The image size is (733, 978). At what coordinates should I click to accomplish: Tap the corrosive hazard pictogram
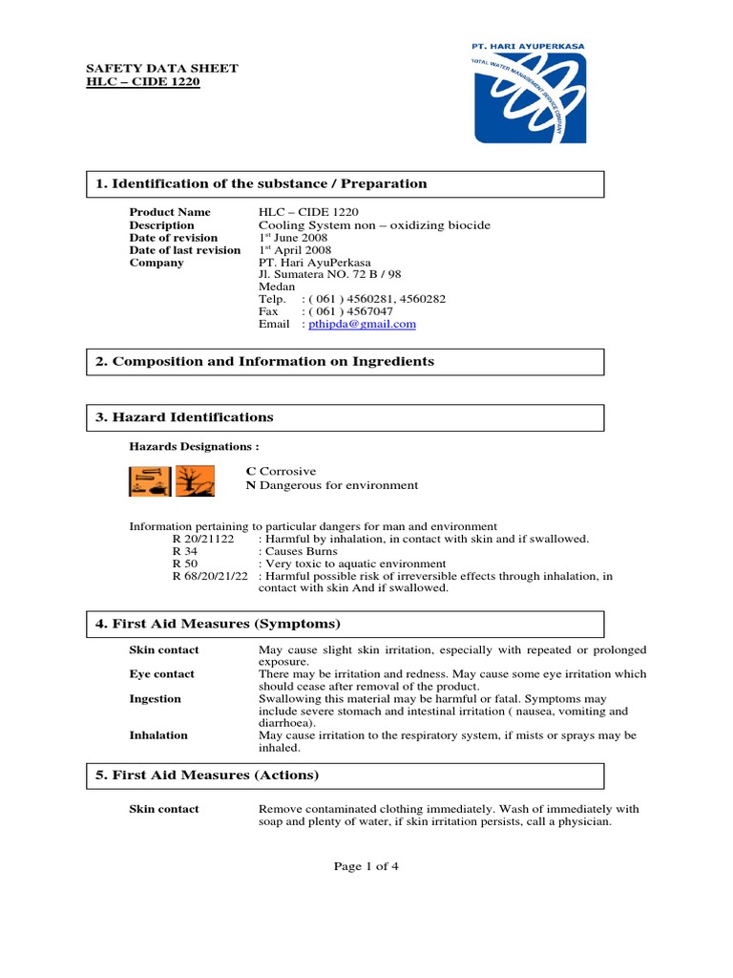tap(150, 481)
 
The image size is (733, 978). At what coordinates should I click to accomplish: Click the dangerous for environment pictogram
tap(195, 481)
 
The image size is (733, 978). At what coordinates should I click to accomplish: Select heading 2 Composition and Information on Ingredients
tap(273, 361)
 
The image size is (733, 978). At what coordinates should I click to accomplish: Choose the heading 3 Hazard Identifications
tap(193, 417)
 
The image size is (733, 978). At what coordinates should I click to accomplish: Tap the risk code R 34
tap(186, 552)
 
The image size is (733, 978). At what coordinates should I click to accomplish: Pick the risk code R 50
tap(186, 564)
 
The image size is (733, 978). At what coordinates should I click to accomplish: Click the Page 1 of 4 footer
tap(366, 866)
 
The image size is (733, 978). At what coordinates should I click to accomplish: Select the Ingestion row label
tap(155, 699)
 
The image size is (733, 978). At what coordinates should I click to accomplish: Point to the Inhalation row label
tap(158, 735)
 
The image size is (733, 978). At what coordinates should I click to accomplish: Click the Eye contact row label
tap(161, 674)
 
